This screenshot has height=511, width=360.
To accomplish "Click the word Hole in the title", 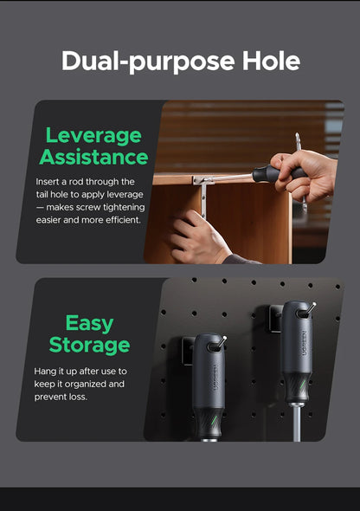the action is [271, 61].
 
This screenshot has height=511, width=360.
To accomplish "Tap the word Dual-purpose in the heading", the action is [148, 61].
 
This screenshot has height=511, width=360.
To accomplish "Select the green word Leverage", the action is [93, 136].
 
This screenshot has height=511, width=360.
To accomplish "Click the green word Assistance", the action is [93, 157].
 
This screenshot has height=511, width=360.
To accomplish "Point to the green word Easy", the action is [89, 324].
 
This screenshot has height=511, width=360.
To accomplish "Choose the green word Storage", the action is [89, 346].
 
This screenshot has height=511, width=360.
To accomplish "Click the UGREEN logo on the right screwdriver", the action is [304, 343].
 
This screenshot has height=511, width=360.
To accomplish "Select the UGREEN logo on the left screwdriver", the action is [215, 378].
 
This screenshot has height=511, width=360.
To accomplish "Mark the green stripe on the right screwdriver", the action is [302, 385].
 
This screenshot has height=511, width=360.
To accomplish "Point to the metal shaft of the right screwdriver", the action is [297, 423].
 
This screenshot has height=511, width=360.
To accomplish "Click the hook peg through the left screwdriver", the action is [219, 344].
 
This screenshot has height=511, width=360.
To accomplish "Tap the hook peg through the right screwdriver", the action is [308, 309].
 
